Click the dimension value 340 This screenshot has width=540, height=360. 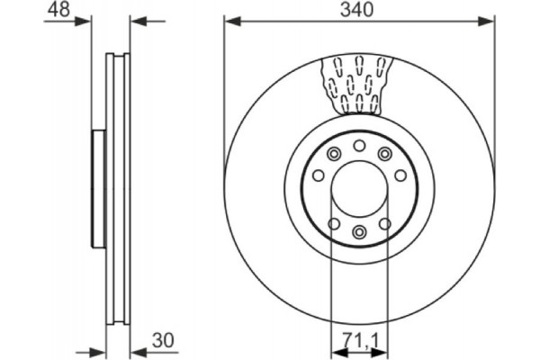(x=358, y=10)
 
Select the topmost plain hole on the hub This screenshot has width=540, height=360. (x=358, y=146)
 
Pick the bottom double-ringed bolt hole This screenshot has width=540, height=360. (x=358, y=233)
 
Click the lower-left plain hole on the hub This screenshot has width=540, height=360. (x=333, y=223)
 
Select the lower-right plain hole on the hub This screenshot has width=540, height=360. (x=384, y=223)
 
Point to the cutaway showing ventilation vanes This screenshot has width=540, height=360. (x=358, y=84)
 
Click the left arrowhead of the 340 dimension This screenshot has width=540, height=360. (x=230, y=18)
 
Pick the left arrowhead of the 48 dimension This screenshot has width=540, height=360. (x=85, y=18)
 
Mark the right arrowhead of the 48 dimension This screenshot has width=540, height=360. (x=136, y=18)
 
